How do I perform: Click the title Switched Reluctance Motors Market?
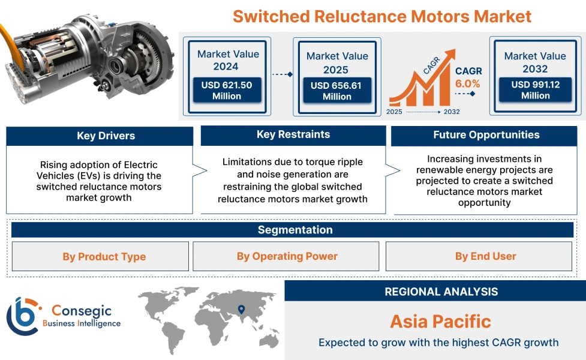click(x=382, y=16)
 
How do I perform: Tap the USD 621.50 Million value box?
click(x=227, y=91)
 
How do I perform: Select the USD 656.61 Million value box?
click(x=336, y=91)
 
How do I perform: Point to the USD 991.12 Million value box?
click(x=535, y=90)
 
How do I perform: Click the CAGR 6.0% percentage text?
click(x=467, y=84)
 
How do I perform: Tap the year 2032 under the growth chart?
click(x=452, y=112)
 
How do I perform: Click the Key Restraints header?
click(x=293, y=135)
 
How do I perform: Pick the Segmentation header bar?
click(x=294, y=230)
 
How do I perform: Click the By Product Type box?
click(x=104, y=257)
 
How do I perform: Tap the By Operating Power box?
click(x=287, y=257)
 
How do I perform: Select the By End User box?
click(x=485, y=257)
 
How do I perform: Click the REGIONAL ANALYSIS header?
click(x=441, y=292)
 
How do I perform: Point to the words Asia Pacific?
click(x=440, y=321)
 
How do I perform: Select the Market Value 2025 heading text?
click(x=337, y=62)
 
